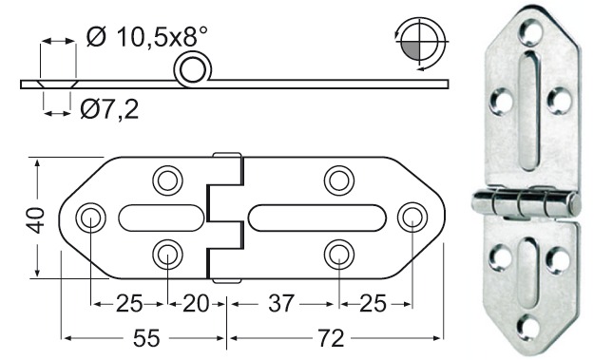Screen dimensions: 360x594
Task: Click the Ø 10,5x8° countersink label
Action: [x=147, y=37]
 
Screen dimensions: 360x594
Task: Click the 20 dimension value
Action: [x=197, y=305]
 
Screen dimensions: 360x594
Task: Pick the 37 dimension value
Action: [x=282, y=305]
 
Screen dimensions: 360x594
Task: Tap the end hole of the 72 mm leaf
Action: [x=412, y=217]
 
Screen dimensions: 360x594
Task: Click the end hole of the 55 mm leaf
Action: [x=91, y=217]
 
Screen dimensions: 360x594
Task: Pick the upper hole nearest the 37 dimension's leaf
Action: [x=338, y=180]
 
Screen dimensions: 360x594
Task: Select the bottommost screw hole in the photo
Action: [x=529, y=328]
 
